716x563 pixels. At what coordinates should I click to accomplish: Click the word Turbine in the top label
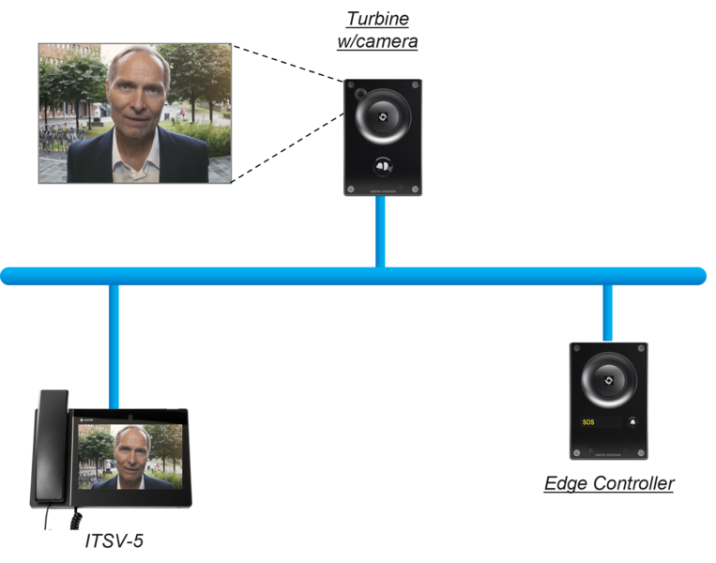(x=377, y=19)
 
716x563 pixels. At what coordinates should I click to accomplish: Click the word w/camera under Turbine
(x=377, y=41)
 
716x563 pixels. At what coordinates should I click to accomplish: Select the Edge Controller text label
(x=609, y=483)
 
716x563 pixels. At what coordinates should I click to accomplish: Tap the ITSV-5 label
(x=114, y=540)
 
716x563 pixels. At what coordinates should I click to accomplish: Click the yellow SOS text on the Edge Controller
(x=588, y=422)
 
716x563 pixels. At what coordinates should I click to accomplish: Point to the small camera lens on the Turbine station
(x=360, y=94)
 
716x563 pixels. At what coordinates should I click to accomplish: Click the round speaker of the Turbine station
(x=383, y=117)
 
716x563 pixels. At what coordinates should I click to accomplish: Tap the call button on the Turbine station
(x=383, y=167)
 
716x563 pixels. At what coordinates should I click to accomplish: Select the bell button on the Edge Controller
(x=632, y=422)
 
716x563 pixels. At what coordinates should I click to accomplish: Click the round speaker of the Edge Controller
(x=609, y=380)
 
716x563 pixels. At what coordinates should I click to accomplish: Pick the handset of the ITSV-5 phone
(x=52, y=447)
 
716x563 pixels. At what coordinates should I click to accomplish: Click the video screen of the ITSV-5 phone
(x=130, y=457)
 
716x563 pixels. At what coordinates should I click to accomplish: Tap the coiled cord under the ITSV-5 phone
(x=76, y=520)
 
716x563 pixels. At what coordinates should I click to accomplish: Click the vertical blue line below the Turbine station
(x=380, y=232)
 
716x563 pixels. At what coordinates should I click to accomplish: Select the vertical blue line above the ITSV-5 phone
(x=114, y=346)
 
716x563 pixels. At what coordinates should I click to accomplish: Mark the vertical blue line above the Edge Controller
(x=607, y=312)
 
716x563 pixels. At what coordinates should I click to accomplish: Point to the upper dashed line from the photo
(x=288, y=64)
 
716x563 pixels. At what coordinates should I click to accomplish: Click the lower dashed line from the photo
(x=288, y=147)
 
